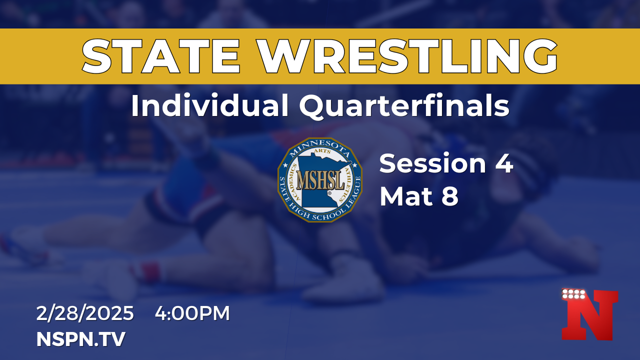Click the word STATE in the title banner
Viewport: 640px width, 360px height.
(160, 56)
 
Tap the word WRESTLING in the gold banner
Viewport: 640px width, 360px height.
(407, 56)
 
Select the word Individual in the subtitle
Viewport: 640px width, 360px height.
(210, 105)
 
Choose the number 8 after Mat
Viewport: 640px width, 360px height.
(450, 196)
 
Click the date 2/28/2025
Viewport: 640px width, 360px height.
(85, 313)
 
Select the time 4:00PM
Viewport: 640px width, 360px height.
(192, 313)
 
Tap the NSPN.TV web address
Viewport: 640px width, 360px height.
(81, 339)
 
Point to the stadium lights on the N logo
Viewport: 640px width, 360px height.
(573, 294)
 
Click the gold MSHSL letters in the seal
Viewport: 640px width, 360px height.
(320, 180)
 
